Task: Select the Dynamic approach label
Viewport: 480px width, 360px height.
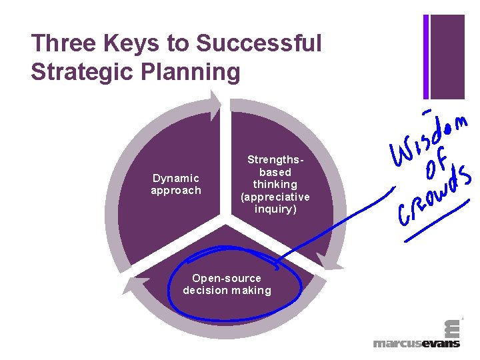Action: click(x=175, y=184)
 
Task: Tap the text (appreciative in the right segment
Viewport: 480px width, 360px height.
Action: click(x=275, y=197)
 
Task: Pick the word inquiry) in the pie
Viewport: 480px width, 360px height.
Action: click(x=275, y=209)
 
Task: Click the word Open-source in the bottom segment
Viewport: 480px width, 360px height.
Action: click(x=227, y=278)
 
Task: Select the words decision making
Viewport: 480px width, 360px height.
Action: click(x=227, y=290)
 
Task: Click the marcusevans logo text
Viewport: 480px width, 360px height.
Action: click(x=416, y=343)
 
